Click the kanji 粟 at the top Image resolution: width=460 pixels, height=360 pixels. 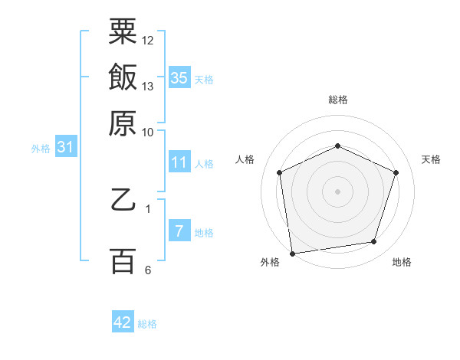tap(123, 33)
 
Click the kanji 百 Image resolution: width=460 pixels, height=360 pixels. tap(123, 261)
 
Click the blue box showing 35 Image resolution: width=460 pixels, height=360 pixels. tap(179, 77)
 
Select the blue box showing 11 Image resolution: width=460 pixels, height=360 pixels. tap(179, 162)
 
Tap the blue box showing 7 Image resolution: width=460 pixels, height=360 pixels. tap(179, 231)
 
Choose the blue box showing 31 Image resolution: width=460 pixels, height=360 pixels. tap(65, 148)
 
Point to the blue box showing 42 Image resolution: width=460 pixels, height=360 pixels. tap(123, 322)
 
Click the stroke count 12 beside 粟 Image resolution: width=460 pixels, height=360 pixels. tap(148, 41)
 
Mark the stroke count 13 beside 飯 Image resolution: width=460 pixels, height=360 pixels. tap(148, 86)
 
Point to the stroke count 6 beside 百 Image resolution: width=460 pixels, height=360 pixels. tap(148, 270)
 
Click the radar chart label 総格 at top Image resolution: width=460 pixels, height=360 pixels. tap(338, 100)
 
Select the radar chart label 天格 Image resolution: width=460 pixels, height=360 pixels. tap(431, 159)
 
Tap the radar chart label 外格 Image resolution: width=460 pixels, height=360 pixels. tap(270, 262)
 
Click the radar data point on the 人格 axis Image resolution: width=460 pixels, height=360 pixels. tap(280, 172)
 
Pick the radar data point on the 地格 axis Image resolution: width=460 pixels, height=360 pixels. tap(374, 242)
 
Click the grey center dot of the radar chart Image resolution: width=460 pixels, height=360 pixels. tap(337, 191)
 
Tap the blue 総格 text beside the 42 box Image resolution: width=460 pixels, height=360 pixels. tap(147, 324)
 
